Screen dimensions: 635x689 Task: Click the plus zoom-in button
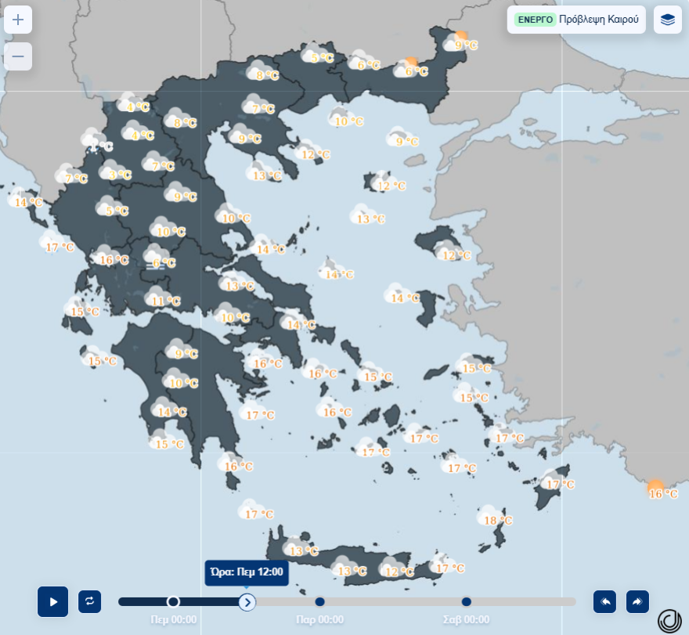[x=18, y=20]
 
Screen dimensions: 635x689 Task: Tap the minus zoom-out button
[x=18, y=56]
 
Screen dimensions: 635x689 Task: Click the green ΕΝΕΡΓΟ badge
[x=536, y=20]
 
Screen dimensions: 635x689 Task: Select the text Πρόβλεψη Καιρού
[x=599, y=20]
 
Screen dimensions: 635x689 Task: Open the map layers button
[x=667, y=20]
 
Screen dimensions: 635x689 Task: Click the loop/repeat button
[x=89, y=601]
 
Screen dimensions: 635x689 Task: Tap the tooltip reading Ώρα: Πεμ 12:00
[x=247, y=572]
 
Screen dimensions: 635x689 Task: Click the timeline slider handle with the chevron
[x=247, y=601]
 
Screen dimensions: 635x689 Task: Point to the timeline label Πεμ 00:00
[x=174, y=619]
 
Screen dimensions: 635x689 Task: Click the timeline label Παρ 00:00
[x=319, y=619]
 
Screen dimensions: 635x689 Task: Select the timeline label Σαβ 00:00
[x=466, y=619]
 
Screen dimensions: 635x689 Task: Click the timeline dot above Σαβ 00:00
[x=467, y=601]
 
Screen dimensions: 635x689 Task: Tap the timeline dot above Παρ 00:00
[x=319, y=601]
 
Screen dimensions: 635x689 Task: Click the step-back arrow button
[x=604, y=601]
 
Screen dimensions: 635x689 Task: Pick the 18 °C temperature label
[x=498, y=521]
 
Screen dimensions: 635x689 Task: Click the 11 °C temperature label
[x=166, y=301]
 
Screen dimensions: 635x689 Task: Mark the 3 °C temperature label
[x=120, y=175]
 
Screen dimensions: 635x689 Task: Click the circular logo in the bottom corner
[x=669, y=620]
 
